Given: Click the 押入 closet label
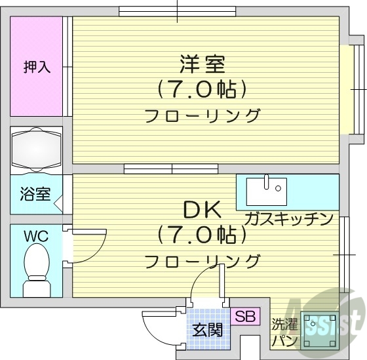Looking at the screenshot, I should (x=37, y=67).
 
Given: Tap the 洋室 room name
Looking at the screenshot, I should (x=203, y=64).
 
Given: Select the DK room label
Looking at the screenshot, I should (x=203, y=210).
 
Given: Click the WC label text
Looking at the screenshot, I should (x=35, y=235).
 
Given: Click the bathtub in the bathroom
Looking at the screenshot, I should (x=36, y=149).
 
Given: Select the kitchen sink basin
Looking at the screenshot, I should (x=267, y=191).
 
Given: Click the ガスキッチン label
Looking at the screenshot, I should (x=289, y=218).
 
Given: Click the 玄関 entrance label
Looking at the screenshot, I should (x=207, y=330).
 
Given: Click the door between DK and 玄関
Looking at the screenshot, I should (x=208, y=279).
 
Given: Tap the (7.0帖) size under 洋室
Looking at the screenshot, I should (x=203, y=88).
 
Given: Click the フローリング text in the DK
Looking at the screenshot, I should (x=203, y=261).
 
